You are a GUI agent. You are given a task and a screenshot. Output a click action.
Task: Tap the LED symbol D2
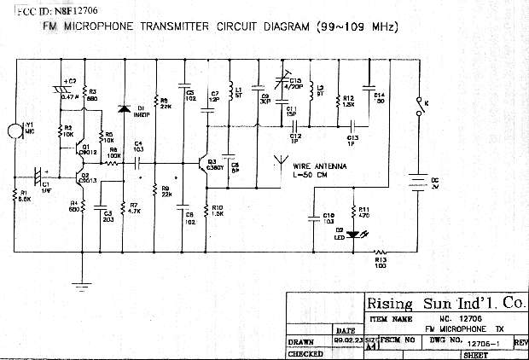(x=352, y=232)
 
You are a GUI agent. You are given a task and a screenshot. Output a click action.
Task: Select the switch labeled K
(x=418, y=106)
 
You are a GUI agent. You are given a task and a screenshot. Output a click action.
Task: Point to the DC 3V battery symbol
(x=417, y=183)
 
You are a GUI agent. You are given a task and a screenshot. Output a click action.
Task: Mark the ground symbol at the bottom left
(x=80, y=285)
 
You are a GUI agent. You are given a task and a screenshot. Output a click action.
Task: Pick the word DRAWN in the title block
(x=301, y=341)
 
